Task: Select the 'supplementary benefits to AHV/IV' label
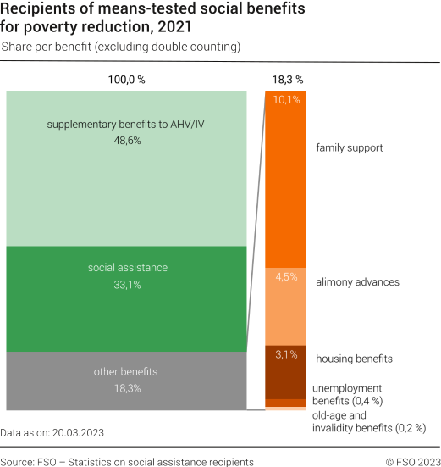(126, 125)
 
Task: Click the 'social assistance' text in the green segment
(127, 268)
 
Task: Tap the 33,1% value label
(127, 285)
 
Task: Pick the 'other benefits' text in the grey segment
(126, 371)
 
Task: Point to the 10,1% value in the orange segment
(286, 100)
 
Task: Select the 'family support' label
(349, 147)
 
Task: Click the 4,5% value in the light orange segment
(286, 277)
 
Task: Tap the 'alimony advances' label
(356, 281)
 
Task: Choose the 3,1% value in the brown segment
(286, 354)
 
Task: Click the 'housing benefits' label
(354, 359)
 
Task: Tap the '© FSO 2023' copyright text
(411, 462)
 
